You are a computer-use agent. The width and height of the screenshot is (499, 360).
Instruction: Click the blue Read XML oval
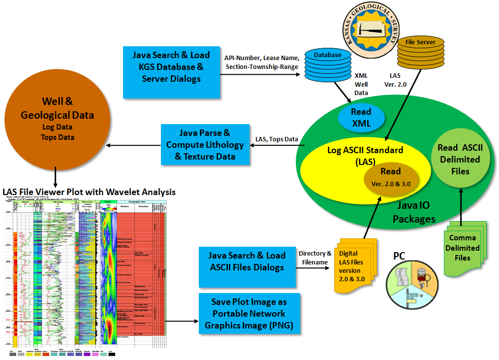[x=361, y=118]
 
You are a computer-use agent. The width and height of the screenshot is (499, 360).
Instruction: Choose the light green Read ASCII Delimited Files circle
[x=460, y=160]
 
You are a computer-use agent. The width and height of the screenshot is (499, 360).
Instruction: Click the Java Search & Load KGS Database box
[x=171, y=67]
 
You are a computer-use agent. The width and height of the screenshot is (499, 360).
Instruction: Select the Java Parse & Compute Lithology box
[x=205, y=145]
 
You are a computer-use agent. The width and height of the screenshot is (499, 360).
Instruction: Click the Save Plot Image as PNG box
[x=249, y=314]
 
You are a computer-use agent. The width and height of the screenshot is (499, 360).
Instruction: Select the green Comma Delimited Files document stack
[x=464, y=249]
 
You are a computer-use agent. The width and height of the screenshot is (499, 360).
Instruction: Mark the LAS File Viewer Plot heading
[x=89, y=192]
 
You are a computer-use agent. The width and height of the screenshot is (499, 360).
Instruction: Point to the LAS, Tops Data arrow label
[x=277, y=139]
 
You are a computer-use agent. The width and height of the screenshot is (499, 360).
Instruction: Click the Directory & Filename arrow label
[x=315, y=258]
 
